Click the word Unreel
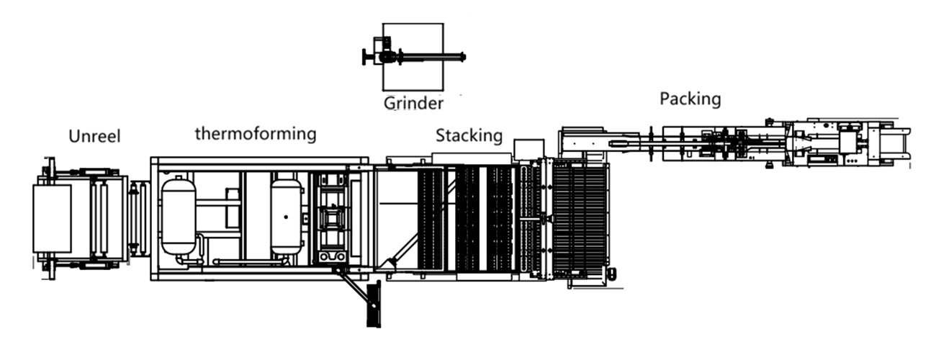(x=94, y=137)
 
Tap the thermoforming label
(x=256, y=134)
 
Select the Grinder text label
(x=413, y=103)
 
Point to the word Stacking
(x=469, y=136)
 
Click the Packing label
(x=690, y=99)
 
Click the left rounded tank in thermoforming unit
(x=179, y=217)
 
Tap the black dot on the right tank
(x=286, y=217)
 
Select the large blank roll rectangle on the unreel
(x=53, y=218)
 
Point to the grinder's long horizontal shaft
(x=433, y=57)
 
